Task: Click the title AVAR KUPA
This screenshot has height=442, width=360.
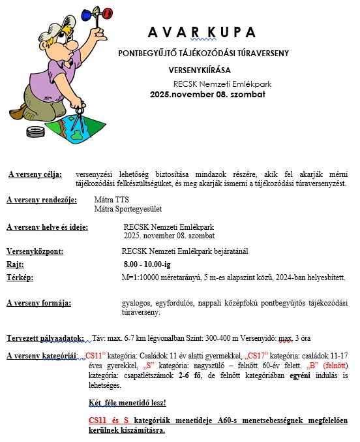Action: click(201, 33)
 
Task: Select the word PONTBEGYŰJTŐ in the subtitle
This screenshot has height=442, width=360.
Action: click(151, 53)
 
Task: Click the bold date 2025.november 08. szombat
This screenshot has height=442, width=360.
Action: click(207, 95)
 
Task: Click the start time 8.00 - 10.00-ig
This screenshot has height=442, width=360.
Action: click(147, 264)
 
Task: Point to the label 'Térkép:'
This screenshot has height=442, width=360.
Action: click(20, 277)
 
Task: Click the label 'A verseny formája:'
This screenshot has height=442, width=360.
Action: click(38, 304)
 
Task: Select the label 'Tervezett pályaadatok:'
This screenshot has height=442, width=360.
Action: click(45, 338)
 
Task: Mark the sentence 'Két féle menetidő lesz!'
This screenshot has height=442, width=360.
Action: click(127, 402)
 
